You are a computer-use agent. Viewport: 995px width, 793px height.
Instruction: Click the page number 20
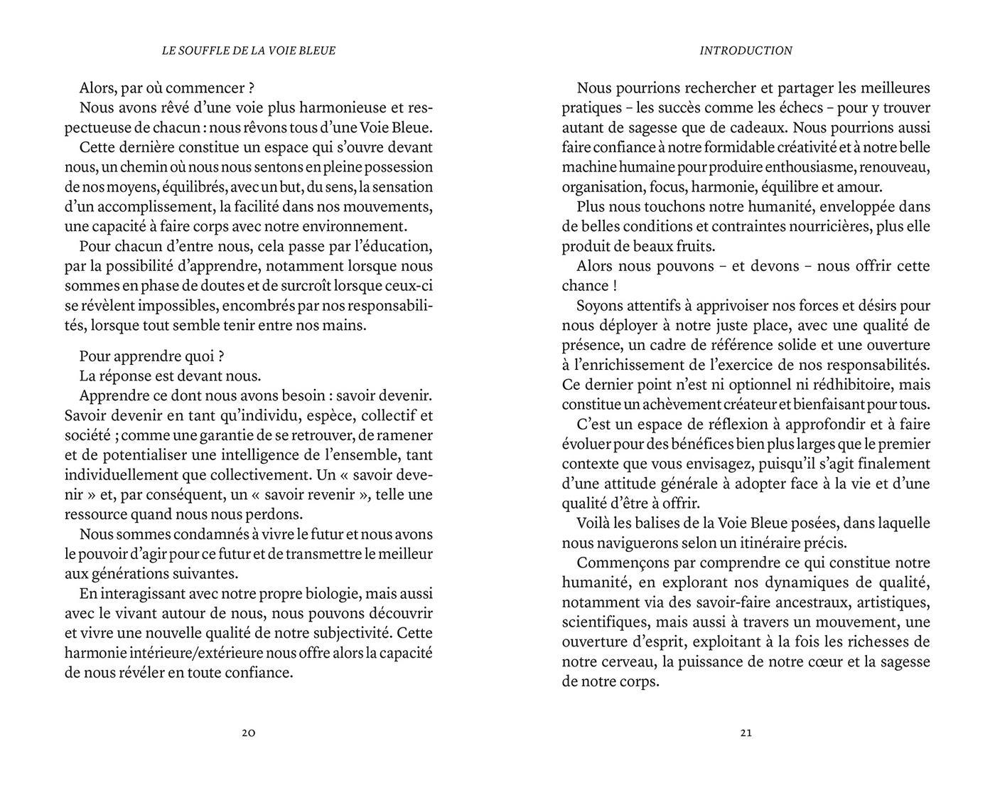(248, 733)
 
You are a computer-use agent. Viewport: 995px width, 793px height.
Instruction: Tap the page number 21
(746, 733)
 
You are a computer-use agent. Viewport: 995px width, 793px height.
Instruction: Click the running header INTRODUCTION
(746, 50)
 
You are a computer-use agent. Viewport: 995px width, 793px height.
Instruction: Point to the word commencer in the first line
(205, 89)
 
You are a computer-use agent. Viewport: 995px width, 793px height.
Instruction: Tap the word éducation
(397, 247)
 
